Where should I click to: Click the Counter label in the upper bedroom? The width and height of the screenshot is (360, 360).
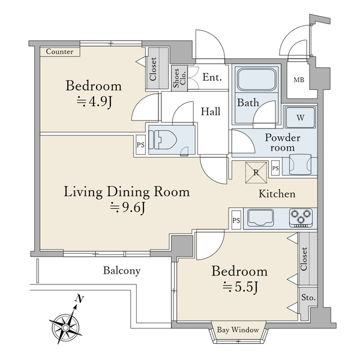(59, 52)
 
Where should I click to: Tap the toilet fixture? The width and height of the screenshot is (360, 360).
(163, 140)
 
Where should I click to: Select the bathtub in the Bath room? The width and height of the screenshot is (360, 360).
(256, 80)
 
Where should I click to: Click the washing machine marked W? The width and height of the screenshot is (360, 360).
(301, 118)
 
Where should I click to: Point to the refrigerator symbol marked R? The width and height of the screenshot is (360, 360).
(256, 172)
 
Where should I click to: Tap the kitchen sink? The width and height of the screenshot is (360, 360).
(260, 217)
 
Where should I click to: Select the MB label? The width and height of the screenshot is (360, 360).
(299, 80)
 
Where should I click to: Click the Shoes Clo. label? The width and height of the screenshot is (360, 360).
(179, 78)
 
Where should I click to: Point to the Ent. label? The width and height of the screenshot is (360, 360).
(212, 77)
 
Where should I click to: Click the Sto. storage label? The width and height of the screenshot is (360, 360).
(308, 298)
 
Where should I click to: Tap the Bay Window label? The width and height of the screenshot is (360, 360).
(238, 330)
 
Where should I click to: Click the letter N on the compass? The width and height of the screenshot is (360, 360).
(79, 299)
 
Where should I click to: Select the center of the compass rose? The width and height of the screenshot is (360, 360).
(65, 327)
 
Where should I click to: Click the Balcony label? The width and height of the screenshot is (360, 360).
(122, 271)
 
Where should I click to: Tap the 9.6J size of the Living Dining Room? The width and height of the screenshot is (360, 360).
(127, 208)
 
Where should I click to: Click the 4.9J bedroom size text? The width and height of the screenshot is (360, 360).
(94, 102)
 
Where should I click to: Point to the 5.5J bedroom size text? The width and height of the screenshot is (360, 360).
(241, 287)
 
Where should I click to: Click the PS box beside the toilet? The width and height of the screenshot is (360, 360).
(140, 145)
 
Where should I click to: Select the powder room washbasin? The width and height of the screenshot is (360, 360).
(300, 165)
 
